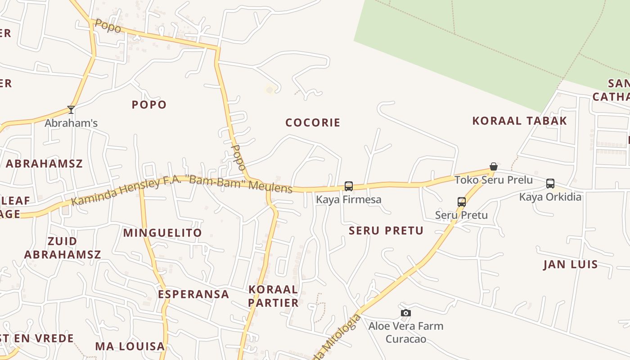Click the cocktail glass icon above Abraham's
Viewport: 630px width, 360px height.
pyautogui.click(x=71, y=109)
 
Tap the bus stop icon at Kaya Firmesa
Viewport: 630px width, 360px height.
pyautogui.click(x=348, y=186)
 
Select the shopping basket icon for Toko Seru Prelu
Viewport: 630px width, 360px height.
pyautogui.click(x=493, y=166)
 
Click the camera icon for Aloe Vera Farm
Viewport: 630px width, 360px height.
pyautogui.click(x=406, y=313)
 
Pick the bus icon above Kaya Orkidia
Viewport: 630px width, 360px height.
pyautogui.click(x=550, y=183)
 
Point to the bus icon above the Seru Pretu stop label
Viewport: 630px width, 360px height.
pyautogui.click(x=461, y=202)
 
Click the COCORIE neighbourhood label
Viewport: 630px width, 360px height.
pyautogui.click(x=313, y=122)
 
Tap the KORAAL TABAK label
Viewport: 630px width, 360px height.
pyautogui.click(x=519, y=121)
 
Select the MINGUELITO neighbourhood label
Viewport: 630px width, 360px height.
pyautogui.click(x=162, y=233)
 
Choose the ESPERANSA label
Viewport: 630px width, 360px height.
pyautogui.click(x=193, y=294)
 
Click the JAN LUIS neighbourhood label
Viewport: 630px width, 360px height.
pyautogui.click(x=571, y=264)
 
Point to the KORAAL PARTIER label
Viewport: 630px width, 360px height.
pyautogui.click(x=273, y=296)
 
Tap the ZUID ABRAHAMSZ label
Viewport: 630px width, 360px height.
pyautogui.click(x=63, y=248)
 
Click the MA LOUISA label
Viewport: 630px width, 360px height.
pyautogui.click(x=130, y=346)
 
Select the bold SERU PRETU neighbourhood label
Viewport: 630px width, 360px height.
pyautogui.click(x=386, y=231)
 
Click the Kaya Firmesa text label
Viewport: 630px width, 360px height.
pyautogui.click(x=348, y=199)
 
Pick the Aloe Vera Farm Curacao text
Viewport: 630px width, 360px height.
pyautogui.click(x=406, y=332)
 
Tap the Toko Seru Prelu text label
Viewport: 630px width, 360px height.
pyautogui.click(x=493, y=180)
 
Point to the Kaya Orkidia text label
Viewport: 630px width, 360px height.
pyautogui.click(x=550, y=197)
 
